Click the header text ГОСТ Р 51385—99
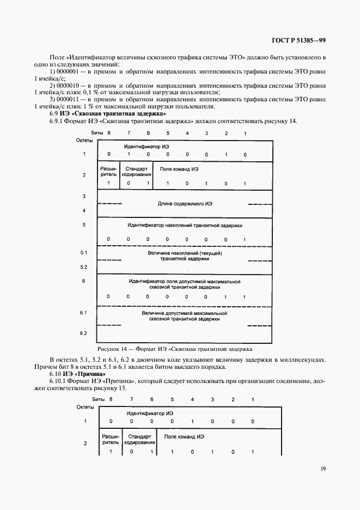[x=298, y=40]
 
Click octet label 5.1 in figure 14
[x=84, y=253]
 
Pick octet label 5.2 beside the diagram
[x=84, y=267]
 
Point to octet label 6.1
[x=84, y=313]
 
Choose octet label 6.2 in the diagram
[x=84, y=333]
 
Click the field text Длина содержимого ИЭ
[x=185, y=203]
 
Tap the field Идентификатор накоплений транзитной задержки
[x=185, y=224]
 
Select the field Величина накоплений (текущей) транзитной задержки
[x=185, y=256]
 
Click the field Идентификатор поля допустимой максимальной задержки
[x=185, y=283]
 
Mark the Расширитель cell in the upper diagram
[x=109, y=172]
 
